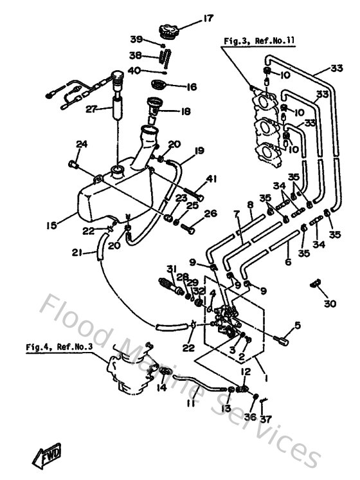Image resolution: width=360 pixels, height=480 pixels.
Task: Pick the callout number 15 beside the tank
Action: [51, 225]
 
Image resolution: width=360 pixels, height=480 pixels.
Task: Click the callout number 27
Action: [91, 109]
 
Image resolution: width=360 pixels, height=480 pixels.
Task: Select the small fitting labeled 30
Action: [315, 283]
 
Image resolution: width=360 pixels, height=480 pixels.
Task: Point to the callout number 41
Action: [212, 178]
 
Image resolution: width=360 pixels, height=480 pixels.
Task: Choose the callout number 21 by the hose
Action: [77, 254]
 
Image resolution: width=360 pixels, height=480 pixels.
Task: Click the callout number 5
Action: [297, 326]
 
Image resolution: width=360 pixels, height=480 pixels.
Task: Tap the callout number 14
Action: [161, 388]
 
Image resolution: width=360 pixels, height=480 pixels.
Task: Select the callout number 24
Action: [82, 143]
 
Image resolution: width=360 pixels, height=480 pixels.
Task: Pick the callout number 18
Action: [186, 111]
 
